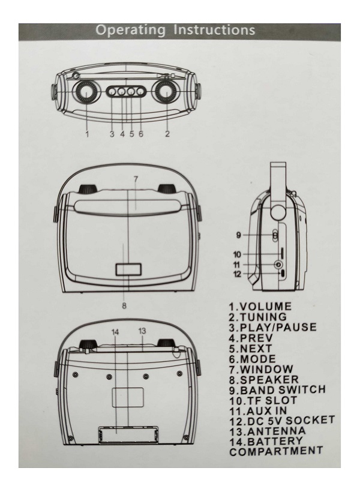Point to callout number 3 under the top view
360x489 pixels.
112,134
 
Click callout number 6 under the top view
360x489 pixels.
141,134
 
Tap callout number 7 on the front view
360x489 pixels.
136,179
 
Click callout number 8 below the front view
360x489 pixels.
124,305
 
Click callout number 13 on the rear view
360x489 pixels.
142,332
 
